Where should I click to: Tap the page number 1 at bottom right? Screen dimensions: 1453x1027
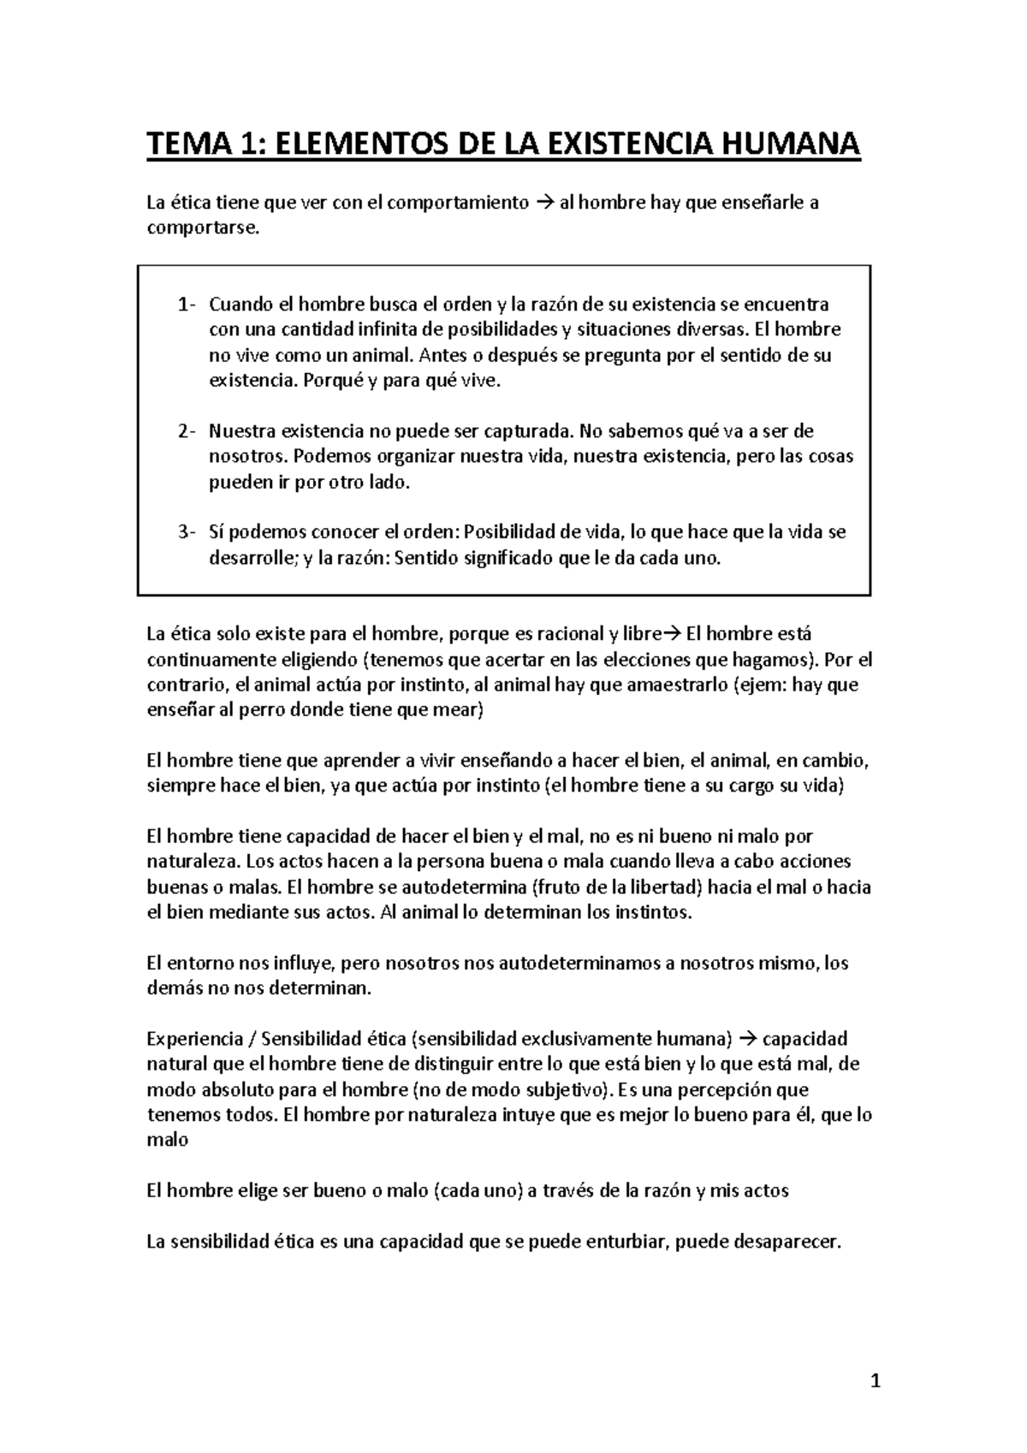875,1381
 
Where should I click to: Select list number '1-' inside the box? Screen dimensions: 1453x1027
187,305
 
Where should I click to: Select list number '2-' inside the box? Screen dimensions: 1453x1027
187,431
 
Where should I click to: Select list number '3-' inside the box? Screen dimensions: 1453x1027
187,532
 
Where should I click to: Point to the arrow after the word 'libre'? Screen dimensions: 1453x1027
670,635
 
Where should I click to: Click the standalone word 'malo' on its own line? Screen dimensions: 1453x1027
167,1141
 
